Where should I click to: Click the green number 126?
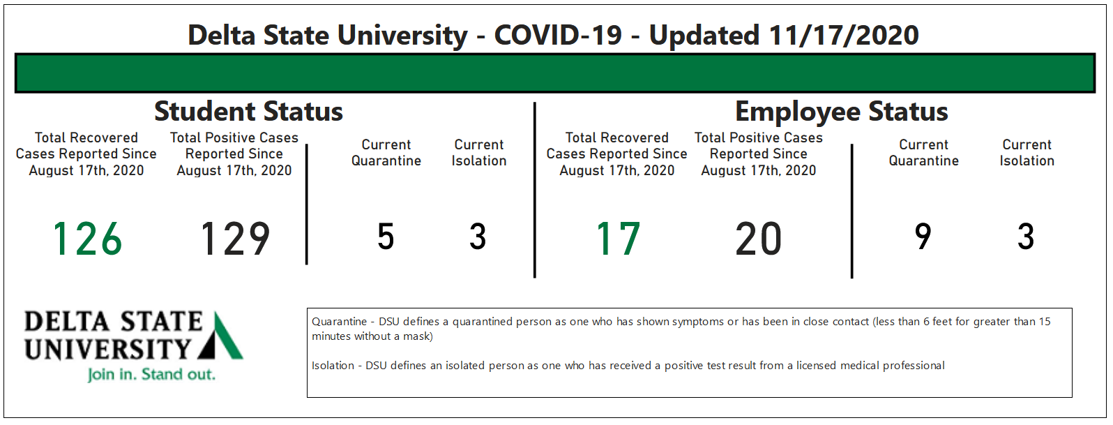coord(87,239)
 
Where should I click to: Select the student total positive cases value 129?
coord(236,239)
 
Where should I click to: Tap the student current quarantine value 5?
coord(386,237)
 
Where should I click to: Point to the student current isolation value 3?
coord(478,237)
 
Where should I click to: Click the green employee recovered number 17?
coord(618,239)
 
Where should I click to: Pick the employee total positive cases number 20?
coord(759,239)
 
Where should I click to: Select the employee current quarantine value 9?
coord(923,237)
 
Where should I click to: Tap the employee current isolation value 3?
coord(1026,237)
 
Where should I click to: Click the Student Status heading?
coord(248,111)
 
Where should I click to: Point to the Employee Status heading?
coord(842,112)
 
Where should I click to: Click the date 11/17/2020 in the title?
coord(844,36)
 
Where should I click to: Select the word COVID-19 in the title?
coord(558,36)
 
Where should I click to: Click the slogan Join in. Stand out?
coord(151,374)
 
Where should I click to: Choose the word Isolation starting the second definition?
coord(333,366)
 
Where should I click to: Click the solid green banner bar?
coord(555,73)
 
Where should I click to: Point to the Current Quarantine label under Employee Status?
coord(924,153)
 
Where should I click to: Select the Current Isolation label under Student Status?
coord(479,153)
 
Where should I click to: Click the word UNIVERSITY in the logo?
coord(108,349)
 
